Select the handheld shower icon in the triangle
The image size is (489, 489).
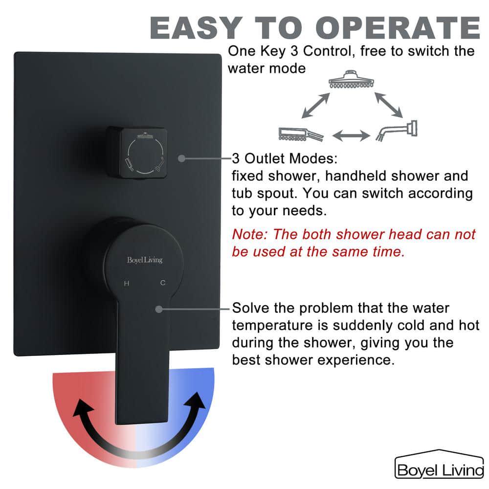(300, 134)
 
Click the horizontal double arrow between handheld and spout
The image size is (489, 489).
(351, 135)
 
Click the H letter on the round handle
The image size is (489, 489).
(127, 283)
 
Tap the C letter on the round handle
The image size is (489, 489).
(163, 283)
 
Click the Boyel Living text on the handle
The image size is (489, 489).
(144, 260)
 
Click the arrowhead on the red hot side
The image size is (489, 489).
(82, 405)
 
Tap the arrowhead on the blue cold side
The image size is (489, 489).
(197, 402)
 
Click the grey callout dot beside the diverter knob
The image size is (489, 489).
(181, 158)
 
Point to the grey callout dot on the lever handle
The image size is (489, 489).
(158, 309)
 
